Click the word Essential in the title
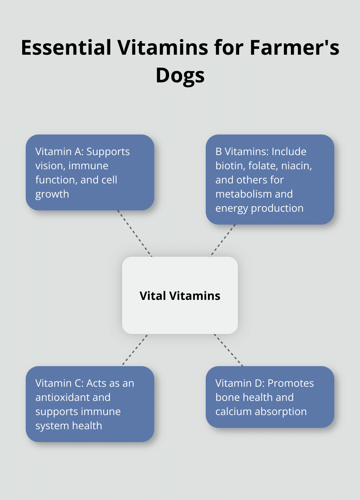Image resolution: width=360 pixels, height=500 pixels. pyautogui.click(x=66, y=47)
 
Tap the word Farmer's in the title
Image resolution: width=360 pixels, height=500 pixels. pyautogui.click(x=294, y=47)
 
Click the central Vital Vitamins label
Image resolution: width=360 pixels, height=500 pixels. pyautogui.click(x=180, y=296)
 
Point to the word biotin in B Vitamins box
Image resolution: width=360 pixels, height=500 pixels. pyautogui.click(x=230, y=166)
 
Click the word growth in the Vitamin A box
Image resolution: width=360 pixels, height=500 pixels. pyautogui.click(x=52, y=194)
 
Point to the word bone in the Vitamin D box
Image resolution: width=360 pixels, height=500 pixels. pyautogui.click(x=227, y=397)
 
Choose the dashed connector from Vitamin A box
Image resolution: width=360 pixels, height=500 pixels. pyautogui.click(x=135, y=234)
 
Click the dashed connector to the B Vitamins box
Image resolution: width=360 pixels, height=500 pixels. pyautogui.click(x=222, y=241)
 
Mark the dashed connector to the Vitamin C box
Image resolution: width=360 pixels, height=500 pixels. pyautogui.click(x=135, y=350)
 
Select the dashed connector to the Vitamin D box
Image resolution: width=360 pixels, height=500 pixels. pyautogui.click(x=229, y=350)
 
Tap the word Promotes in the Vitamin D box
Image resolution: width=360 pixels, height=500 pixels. pyautogui.click(x=291, y=383)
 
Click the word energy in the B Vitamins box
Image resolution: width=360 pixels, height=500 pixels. pyautogui.click(x=231, y=208)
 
